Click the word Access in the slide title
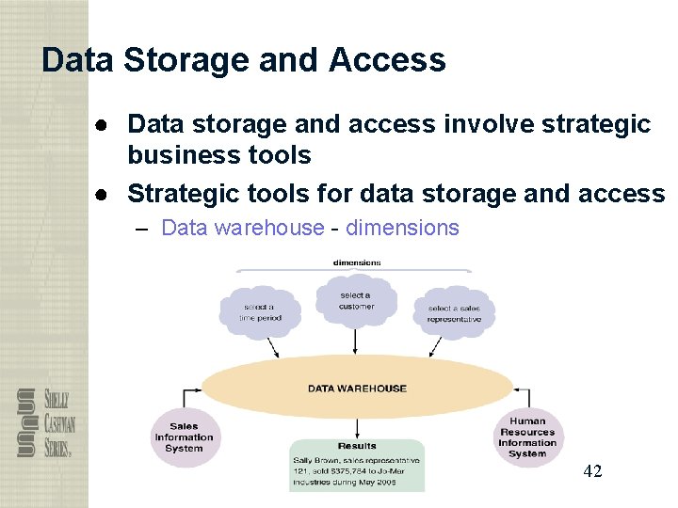[387, 60]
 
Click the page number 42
[592, 470]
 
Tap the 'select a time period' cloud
[260, 312]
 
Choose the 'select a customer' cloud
[356, 300]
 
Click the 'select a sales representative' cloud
[454, 313]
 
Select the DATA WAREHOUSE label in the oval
[357, 388]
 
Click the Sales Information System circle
[184, 437]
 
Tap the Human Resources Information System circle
[527, 437]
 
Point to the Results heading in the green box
[357, 446]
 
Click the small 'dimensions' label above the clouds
[357, 262]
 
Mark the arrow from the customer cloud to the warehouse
[357, 341]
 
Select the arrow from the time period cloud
[274, 345]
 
